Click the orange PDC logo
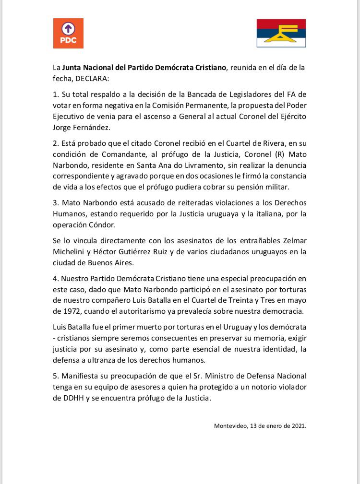pyautogui.click(x=68, y=33)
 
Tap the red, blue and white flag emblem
pyautogui.click(x=281, y=33)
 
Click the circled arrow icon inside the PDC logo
pyautogui.click(x=68, y=28)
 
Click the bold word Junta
pyautogui.click(x=73, y=68)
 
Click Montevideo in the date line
pyautogui.click(x=230, y=425)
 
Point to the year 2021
pyautogui.click(x=298, y=425)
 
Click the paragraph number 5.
pyautogui.click(x=55, y=376)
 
